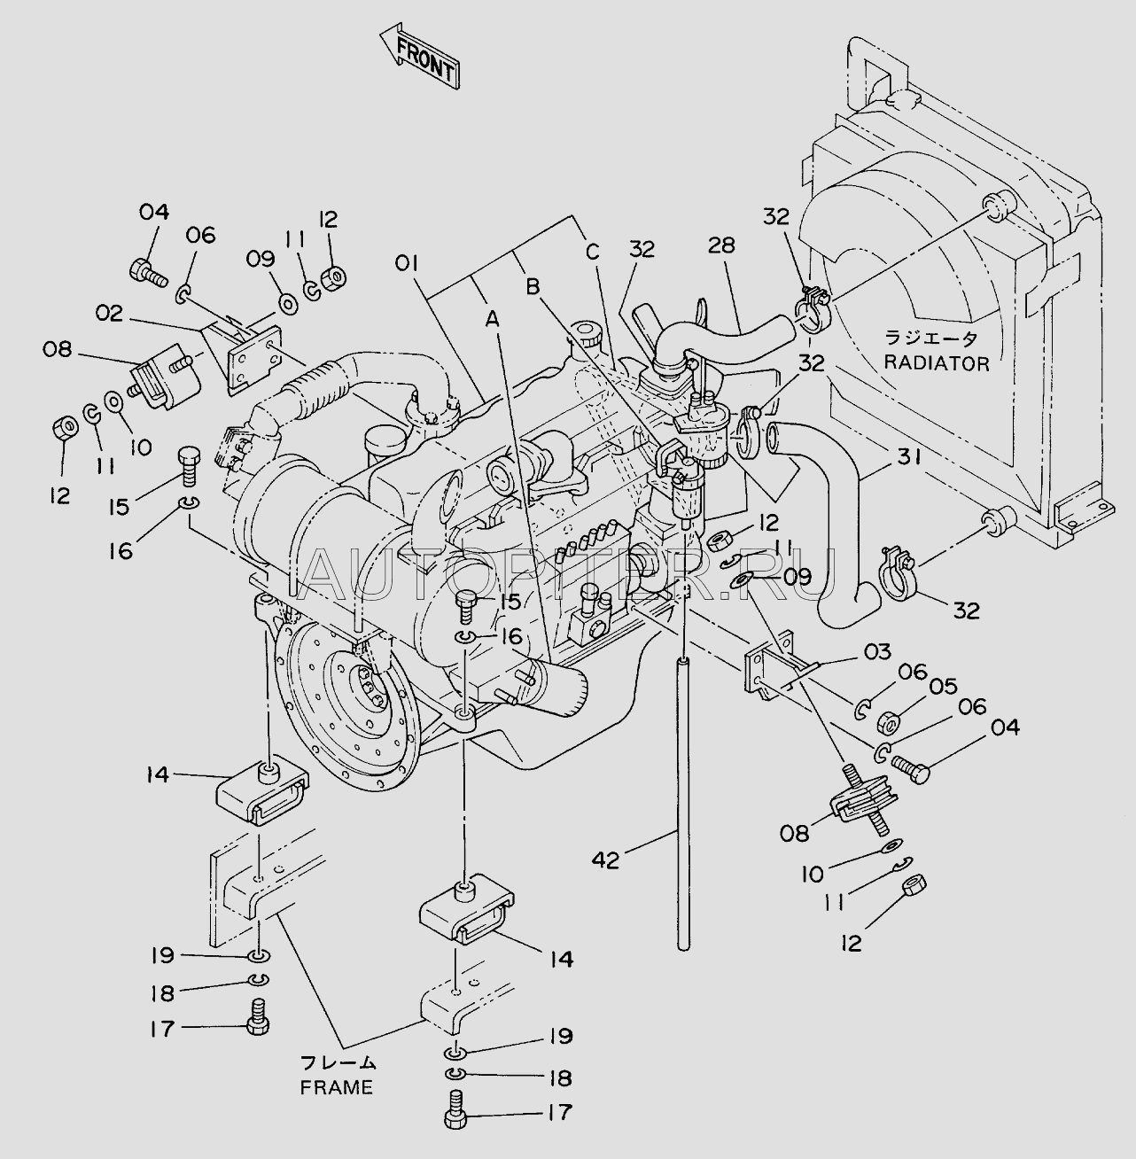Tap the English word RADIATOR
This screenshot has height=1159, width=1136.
tap(937, 363)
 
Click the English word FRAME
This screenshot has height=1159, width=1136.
tap(337, 1087)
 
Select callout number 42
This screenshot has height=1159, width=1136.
tap(605, 860)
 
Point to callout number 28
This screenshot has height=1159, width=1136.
tap(721, 246)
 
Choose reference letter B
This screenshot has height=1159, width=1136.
tap(533, 287)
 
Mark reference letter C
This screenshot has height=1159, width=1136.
tap(593, 252)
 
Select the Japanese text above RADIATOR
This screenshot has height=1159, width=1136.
tap(930, 339)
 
